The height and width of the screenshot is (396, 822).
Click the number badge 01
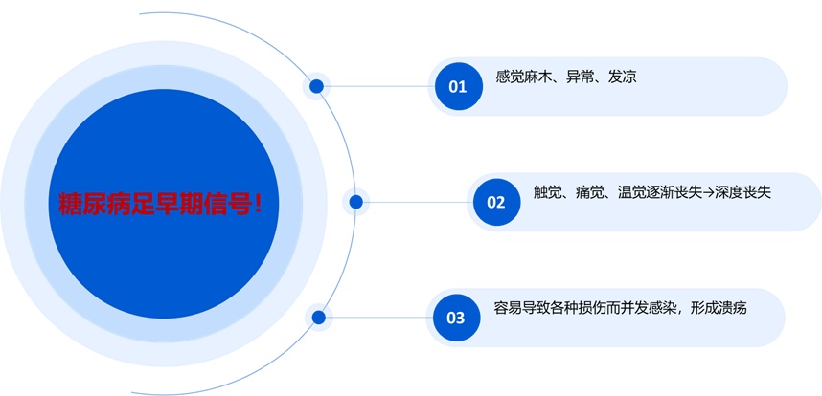(x=458, y=86)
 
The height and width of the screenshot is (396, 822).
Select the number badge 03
(x=456, y=318)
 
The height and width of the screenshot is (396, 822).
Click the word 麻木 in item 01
(x=542, y=77)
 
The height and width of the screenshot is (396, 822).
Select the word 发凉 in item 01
(x=622, y=77)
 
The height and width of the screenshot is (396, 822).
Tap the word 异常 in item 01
(x=581, y=77)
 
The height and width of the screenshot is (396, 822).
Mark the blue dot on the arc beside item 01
(x=317, y=87)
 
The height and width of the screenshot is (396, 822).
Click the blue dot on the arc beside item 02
(x=356, y=202)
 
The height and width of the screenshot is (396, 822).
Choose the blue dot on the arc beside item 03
(x=318, y=318)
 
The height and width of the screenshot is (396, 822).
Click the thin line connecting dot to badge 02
(x=417, y=202)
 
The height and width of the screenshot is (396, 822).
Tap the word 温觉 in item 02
(x=628, y=192)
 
